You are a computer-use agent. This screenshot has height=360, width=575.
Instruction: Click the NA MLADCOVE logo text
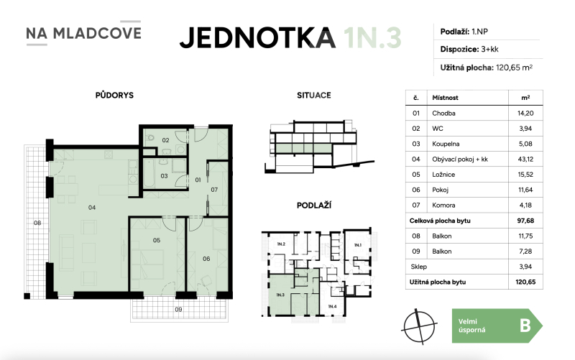point(83,33)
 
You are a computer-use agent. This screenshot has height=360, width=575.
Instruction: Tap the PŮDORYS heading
point(114,95)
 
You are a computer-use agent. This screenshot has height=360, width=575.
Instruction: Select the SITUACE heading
point(313,95)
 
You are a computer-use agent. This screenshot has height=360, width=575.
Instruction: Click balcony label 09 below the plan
point(179,310)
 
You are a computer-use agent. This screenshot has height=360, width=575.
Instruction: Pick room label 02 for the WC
point(165,140)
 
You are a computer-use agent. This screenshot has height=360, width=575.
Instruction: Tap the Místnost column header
point(446,98)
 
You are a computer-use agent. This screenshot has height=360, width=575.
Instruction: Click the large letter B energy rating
point(524,325)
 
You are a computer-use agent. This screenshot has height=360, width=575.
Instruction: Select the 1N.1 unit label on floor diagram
point(356,245)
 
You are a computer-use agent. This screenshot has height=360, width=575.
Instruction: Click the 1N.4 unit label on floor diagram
point(331,308)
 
